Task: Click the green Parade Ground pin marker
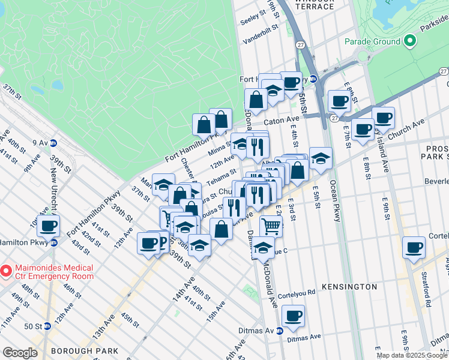tap(410, 41)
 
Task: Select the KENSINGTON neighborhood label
tap(348, 287)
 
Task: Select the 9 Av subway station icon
tap(53, 143)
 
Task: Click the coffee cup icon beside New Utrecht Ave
tap(49, 226)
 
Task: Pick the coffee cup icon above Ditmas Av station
tap(293, 316)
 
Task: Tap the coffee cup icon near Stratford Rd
tap(414, 247)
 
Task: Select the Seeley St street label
tap(252, 17)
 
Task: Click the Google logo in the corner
tap(20, 353)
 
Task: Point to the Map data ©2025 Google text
tap(412, 355)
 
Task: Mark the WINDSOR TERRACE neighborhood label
tap(315, 5)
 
